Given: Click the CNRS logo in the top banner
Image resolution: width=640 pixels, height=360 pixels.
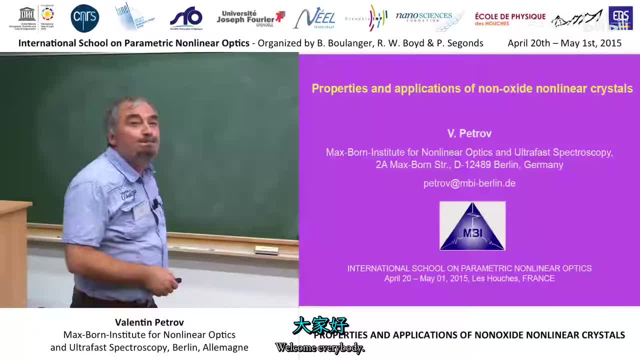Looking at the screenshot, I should click(x=85, y=18).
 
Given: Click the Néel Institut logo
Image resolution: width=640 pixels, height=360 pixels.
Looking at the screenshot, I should click(x=314, y=18).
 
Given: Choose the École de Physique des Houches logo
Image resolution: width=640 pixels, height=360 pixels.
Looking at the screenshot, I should click(x=510, y=19).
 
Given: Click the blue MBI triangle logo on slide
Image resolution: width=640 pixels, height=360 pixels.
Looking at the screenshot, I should click(x=472, y=226).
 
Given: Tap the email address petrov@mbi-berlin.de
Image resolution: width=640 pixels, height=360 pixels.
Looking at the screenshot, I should click(x=469, y=183).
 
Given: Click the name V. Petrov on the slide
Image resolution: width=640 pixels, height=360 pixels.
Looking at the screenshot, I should click(x=469, y=133).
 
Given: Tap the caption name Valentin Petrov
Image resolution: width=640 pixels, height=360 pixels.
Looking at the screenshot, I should click(x=149, y=322).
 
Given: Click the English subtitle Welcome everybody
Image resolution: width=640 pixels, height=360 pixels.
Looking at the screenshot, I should click(x=320, y=348).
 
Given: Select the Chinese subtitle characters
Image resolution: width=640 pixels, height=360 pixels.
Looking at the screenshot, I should click(x=320, y=326).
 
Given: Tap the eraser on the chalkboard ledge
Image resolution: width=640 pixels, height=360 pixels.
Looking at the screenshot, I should click(x=266, y=250).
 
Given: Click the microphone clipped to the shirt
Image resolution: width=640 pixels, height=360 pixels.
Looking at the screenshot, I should click(x=156, y=203).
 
